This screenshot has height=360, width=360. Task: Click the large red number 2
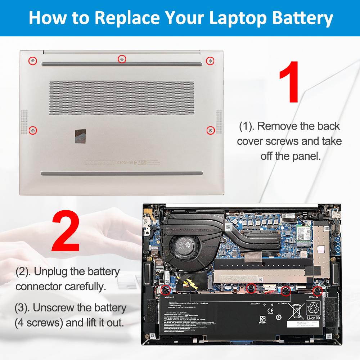(x=66, y=231)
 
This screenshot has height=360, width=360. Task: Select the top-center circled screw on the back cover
(x=122, y=59)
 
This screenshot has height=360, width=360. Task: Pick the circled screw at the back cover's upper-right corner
(x=210, y=61)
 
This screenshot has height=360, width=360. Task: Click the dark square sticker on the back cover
(x=81, y=136)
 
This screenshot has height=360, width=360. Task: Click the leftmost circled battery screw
(x=166, y=289)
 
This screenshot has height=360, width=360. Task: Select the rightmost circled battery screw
(x=317, y=291)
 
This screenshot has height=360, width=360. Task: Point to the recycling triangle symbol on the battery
(x=312, y=308)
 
